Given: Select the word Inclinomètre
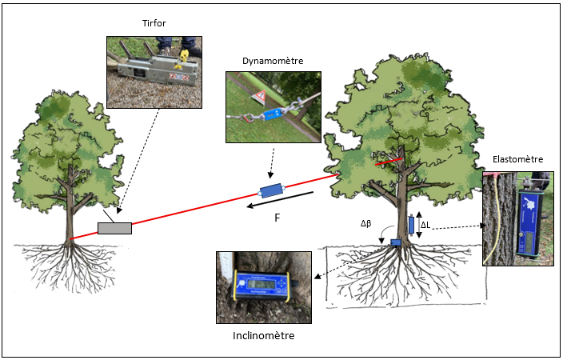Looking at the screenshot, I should pos(264,335).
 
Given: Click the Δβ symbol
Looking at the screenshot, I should pos(369,225).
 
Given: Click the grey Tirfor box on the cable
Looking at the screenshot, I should pos(114,227).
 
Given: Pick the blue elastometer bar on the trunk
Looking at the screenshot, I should pos(411,225).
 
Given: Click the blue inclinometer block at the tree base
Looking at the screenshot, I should pos(395,242).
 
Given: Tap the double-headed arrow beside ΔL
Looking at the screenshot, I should pos(418,226).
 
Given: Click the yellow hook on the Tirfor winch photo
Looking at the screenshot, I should pos(182,57).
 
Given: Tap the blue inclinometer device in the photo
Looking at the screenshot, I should pos(259,286).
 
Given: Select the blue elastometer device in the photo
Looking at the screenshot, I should pos(529,220).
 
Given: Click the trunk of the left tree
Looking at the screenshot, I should pos(73,208).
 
